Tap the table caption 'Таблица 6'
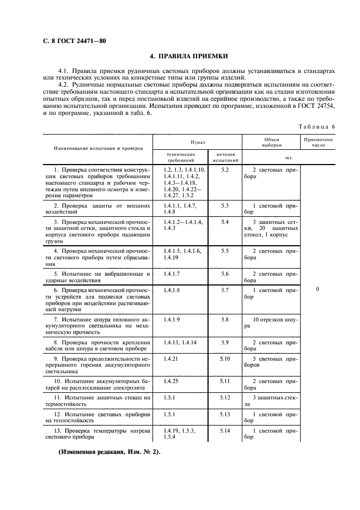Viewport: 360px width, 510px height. [x=316, y=126]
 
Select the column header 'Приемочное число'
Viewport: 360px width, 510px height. [x=318, y=143]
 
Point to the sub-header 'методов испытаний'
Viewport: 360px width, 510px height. [x=225, y=157]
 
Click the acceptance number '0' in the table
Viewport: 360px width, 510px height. [x=318, y=290]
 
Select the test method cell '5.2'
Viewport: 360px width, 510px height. [x=225, y=170]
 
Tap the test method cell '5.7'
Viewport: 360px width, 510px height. [x=225, y=290]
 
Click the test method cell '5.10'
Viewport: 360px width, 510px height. [x=225, y=359]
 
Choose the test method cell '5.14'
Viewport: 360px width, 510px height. [x=225, y=430]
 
